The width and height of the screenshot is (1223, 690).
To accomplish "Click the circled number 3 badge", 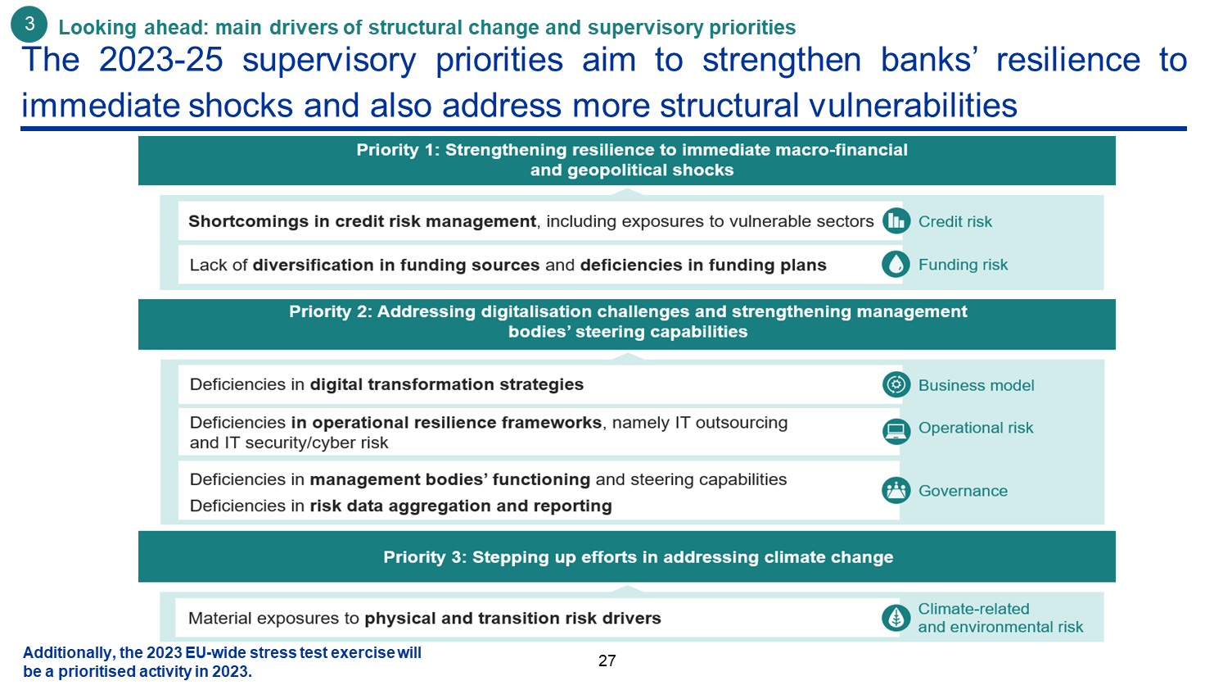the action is (29, 24).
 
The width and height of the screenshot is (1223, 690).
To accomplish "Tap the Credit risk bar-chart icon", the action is (896, 221).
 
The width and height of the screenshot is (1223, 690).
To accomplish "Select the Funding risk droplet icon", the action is (896, 264).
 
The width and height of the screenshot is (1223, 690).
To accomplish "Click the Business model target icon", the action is (896, 384).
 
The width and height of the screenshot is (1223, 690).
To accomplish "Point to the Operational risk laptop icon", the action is (896, 431).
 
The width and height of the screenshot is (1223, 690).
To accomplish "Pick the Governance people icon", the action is (896, 490).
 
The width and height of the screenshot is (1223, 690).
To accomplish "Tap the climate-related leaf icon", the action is (896, 618).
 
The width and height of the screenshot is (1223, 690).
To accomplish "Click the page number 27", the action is (607, 661).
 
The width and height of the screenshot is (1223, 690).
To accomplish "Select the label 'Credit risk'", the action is (955, 221).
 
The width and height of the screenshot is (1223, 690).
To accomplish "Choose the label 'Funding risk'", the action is (963, 265).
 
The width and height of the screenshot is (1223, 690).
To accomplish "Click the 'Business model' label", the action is (977, 385).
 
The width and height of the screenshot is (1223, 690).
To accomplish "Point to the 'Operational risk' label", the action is (976, 428).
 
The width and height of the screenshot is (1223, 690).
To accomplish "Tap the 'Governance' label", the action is (963, 491).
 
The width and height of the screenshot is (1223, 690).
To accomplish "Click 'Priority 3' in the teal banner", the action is (422, 557).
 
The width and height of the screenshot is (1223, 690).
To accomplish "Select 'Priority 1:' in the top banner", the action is (398, 150).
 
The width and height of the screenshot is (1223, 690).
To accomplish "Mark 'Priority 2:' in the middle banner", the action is (331, 311).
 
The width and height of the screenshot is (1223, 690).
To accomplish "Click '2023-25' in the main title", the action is (161, 60).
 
